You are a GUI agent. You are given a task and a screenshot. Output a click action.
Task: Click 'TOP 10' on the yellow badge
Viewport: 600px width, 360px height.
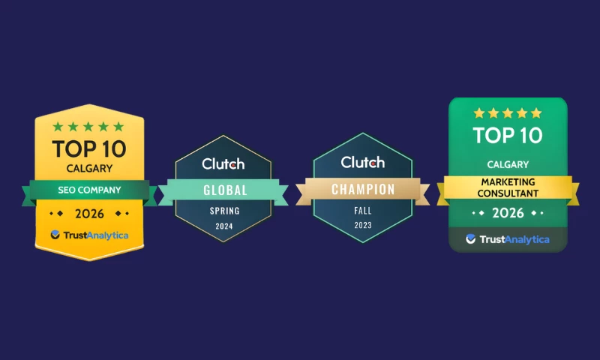click(89, 148)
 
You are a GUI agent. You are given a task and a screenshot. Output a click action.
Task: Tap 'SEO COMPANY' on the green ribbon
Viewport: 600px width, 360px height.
click(89, 190)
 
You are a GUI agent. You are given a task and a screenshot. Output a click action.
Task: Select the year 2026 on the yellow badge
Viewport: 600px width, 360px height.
click(89, 214)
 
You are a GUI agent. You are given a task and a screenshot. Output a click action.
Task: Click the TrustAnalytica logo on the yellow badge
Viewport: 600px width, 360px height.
click(89, 235)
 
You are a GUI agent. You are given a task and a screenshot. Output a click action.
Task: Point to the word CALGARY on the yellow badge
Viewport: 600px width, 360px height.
click(89, 169)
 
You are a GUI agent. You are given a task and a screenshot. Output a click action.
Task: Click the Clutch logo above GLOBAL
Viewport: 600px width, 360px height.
click(223, 163)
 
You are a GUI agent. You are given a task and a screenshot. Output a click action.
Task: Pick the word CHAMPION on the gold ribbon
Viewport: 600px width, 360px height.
click(362, 190)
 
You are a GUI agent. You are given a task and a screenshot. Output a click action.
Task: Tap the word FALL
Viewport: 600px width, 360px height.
click(362, 211)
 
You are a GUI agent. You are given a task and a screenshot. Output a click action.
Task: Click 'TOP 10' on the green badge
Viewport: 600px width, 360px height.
click(508, 136)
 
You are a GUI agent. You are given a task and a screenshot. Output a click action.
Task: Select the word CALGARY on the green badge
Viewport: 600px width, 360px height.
click(508, 164)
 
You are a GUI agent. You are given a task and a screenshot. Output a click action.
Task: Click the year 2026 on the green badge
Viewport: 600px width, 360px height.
click(508, 213)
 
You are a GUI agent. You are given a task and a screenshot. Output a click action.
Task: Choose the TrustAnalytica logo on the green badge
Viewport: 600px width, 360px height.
click(508, 239)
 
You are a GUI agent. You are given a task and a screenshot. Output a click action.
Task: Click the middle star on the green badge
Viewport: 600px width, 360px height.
click(508, 113)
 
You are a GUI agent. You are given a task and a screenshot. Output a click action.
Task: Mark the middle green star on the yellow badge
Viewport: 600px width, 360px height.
click(89, 127)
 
